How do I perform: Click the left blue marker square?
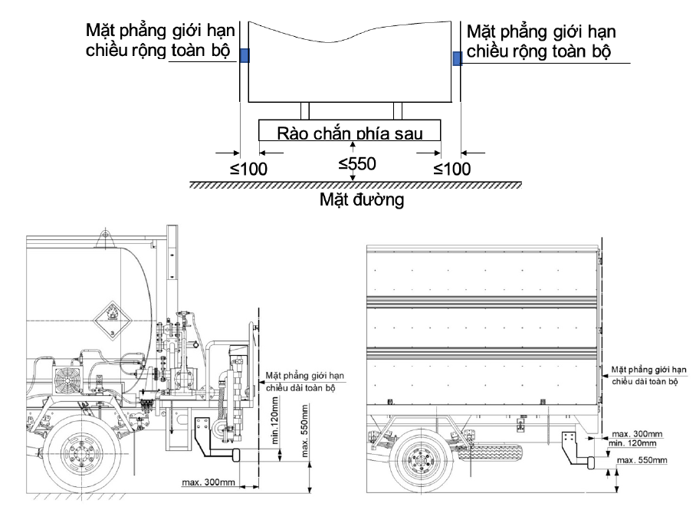(245, 55)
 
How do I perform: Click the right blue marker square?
(457, 58)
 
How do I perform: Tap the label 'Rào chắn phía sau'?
(350, 133)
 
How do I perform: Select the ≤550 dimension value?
(357, 164)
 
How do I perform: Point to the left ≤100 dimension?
(248, 169)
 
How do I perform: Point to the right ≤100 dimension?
(452, 169)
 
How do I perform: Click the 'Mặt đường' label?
(362, 199)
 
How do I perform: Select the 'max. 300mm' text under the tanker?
(208, 482)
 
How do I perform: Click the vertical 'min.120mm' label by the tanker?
(274, 420)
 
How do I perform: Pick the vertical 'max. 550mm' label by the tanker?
(305, 430)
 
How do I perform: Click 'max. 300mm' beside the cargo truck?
(637, 433)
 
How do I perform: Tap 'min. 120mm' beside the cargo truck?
(632, 443)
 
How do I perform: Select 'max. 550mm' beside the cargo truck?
(642, 460)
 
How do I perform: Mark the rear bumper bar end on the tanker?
(235, 456)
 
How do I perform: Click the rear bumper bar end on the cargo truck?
(591, 462)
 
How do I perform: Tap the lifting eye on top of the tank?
(106, 235)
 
